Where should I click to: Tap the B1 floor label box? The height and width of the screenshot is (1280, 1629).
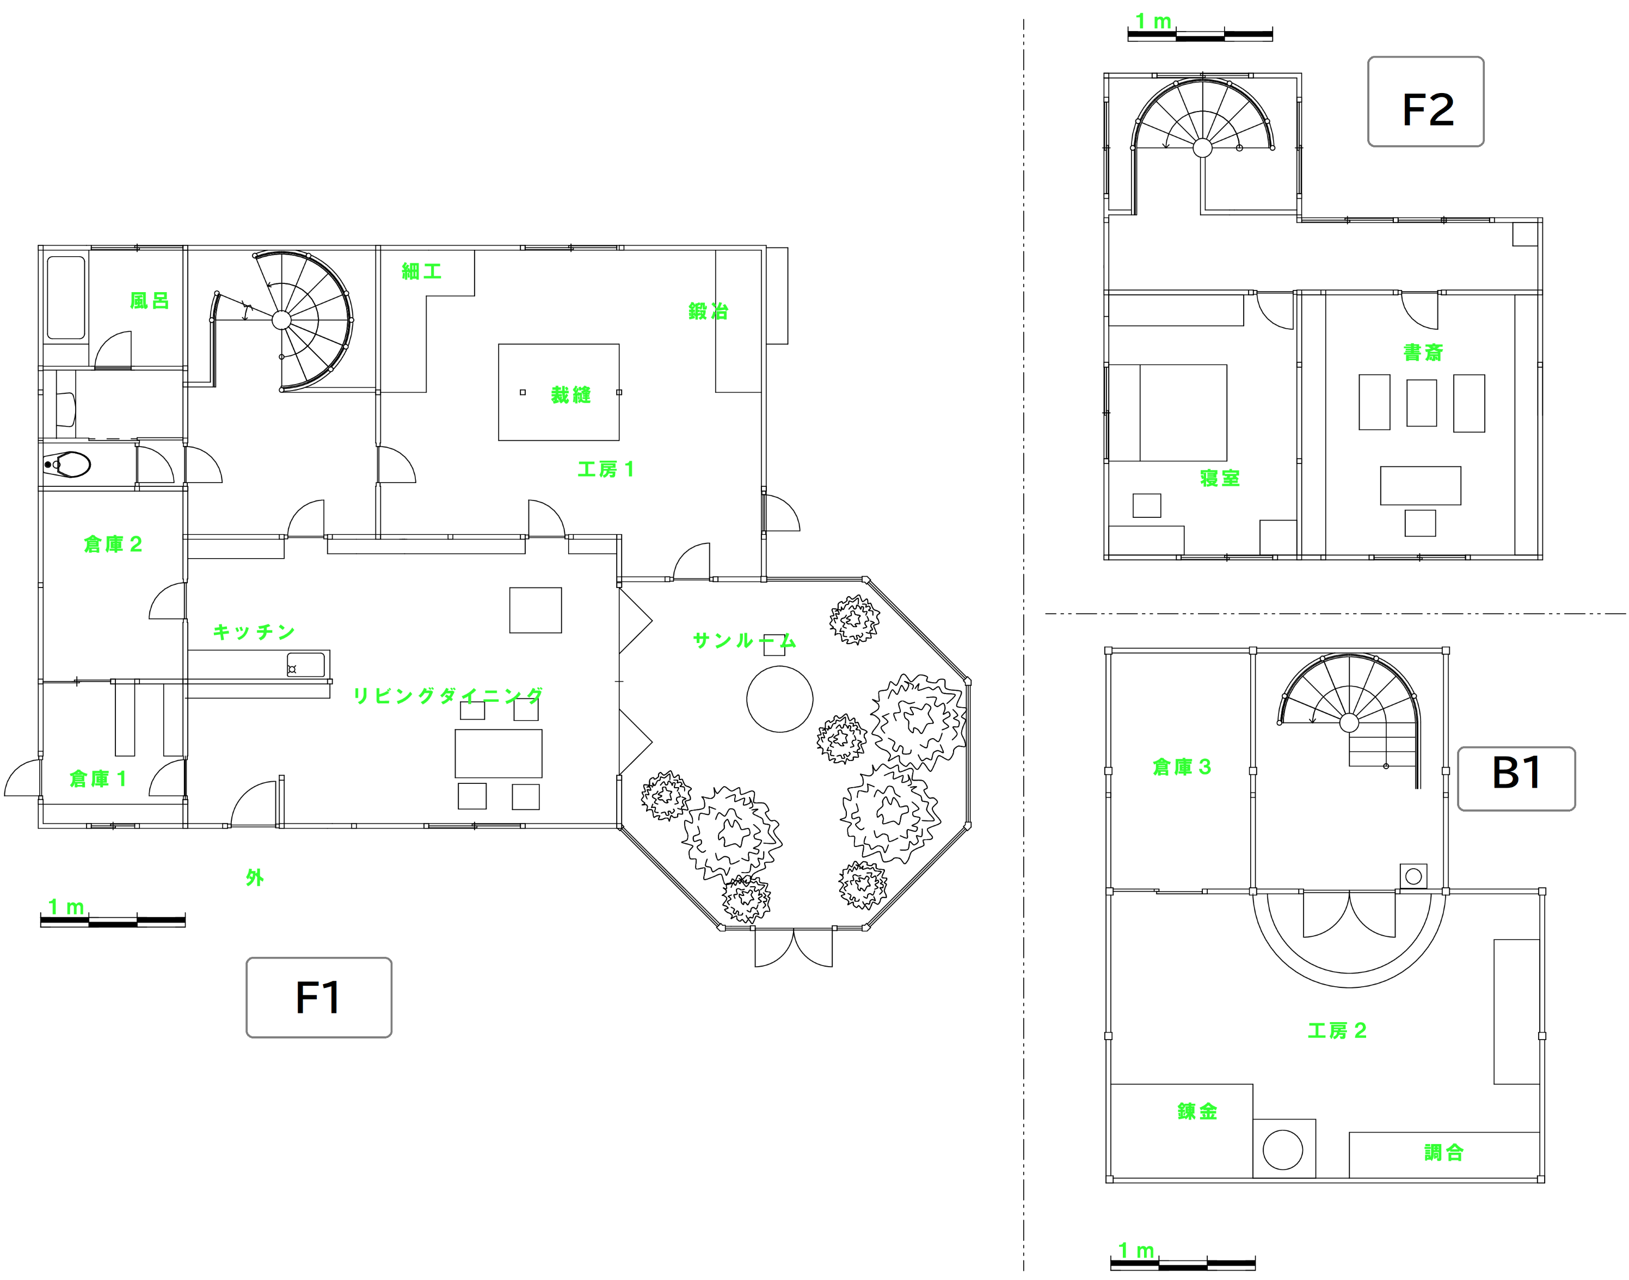(1516, 778)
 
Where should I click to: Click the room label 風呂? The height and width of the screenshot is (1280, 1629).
(149, 300)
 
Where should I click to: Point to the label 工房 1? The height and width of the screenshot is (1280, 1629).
(606, 470)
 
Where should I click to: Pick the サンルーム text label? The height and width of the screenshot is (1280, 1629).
(743, 641)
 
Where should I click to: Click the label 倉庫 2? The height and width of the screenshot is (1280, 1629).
(113, 544)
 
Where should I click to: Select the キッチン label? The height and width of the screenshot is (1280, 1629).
(254, 632)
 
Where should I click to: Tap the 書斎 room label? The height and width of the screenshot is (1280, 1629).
(1423, 352)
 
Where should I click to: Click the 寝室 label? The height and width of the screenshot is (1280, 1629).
(1220, 478)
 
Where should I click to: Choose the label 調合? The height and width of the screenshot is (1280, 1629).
(1443, 1153)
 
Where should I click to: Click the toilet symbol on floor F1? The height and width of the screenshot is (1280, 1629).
(69, 465)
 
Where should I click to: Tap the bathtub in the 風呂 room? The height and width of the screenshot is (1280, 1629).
(66, 298)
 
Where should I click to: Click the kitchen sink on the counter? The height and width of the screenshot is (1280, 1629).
(306, 665)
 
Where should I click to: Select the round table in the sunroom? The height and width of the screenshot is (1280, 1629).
(779, 698)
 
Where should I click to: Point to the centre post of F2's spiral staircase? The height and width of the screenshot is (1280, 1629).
(1202, 147)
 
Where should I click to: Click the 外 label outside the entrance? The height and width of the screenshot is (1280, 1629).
(255, 877)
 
